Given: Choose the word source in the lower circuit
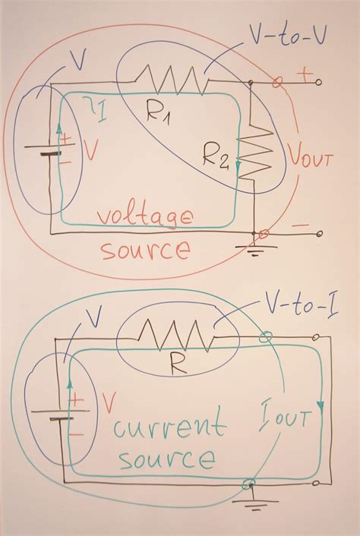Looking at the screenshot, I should [x=166, y=459].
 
